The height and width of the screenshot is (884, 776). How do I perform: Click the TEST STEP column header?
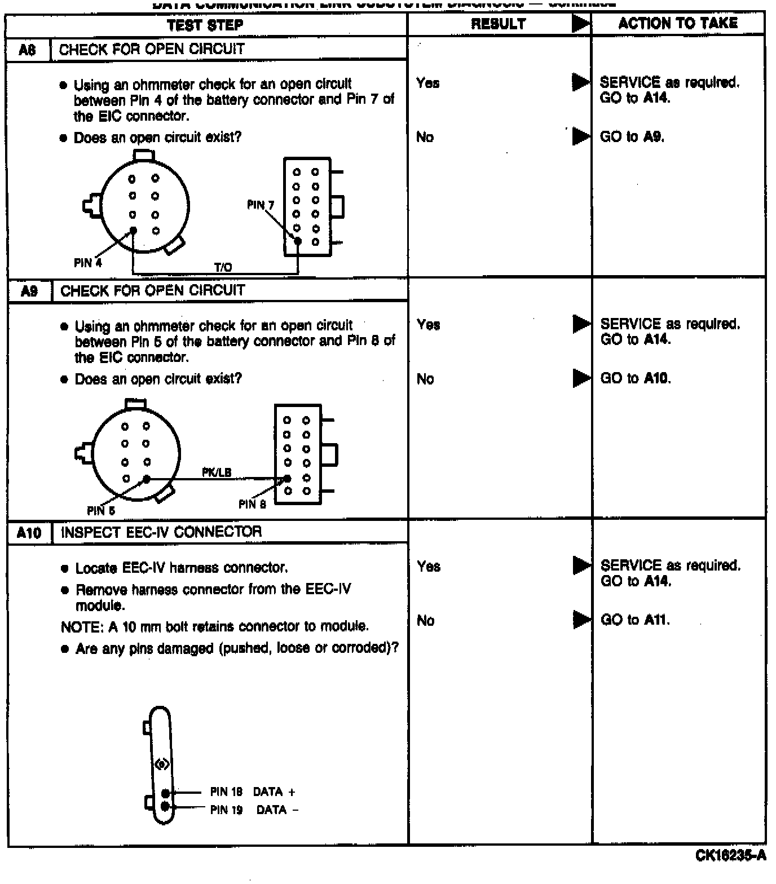(205, 25)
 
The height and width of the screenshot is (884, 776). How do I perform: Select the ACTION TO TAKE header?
(678, 23)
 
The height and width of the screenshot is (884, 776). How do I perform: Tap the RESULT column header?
(499, 24)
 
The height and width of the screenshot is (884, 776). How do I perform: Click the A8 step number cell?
(28, 50)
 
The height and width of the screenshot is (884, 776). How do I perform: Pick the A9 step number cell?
(29, 291)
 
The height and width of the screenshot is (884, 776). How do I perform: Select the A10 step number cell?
(29, 532)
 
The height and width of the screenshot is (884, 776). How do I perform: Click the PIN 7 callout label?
(260, 205)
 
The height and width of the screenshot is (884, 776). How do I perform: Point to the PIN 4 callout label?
(87, 263)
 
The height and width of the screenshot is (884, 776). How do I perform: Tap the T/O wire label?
(223, 267)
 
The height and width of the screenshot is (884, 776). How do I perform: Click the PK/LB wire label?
(217, 472)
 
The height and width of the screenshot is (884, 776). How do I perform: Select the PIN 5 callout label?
(101, 511)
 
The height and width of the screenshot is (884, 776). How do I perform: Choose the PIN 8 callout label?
(252, 504)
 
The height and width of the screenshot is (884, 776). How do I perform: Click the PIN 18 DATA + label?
(252, 792)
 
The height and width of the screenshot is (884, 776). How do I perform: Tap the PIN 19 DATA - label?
(254, 810)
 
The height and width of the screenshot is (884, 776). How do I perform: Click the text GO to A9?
(632, 137)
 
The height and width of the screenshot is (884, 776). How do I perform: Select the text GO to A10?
(635, 378)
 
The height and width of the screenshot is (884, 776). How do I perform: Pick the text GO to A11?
(635, 620)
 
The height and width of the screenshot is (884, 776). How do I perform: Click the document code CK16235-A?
(730, 856)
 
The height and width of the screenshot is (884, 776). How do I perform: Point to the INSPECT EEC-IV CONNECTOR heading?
(161, 532)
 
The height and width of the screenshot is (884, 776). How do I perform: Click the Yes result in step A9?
(428, 325)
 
